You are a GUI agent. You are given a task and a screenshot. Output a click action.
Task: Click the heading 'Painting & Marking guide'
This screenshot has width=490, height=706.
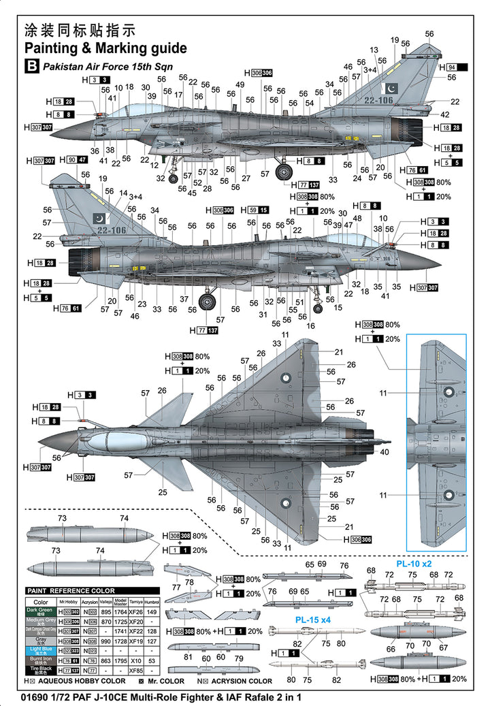(x=105, y=48)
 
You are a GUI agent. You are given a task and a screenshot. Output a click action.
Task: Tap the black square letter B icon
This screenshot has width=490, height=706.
(x=31, y=66)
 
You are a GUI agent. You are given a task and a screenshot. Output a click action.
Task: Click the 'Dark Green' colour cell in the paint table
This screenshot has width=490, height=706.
(x=41, y=611)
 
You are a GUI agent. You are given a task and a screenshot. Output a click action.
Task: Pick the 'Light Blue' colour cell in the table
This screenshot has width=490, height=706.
(x=41, y=650)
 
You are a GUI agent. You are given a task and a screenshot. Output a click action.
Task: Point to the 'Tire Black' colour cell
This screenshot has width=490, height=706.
(x=41, y=670)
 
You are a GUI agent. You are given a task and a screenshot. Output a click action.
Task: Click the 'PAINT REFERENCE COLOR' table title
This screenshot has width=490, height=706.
(x=71, y=590)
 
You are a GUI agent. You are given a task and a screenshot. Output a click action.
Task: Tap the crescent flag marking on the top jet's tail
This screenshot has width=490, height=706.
(x=392, y=89)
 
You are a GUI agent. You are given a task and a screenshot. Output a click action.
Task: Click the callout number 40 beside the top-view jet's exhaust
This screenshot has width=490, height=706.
(x=386, y=451)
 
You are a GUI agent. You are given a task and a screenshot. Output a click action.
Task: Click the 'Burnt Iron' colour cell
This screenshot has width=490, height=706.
(x=41, y=660)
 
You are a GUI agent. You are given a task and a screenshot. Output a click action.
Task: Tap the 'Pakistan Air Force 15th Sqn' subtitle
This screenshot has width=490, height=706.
(x=108, y=67)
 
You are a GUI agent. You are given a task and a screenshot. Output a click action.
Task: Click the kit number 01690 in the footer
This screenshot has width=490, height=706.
(x=34, y=696)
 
